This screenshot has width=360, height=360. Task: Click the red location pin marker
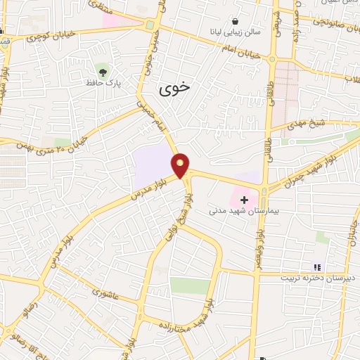click(x=181, y=165)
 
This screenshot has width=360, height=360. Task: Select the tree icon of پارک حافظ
click(x=103, y=71)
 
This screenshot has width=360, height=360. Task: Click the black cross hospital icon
click(x=244, y=200)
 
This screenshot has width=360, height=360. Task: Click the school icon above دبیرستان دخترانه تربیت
click(x=316, y=267)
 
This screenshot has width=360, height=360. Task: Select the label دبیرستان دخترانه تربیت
click(x=316, y=278)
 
